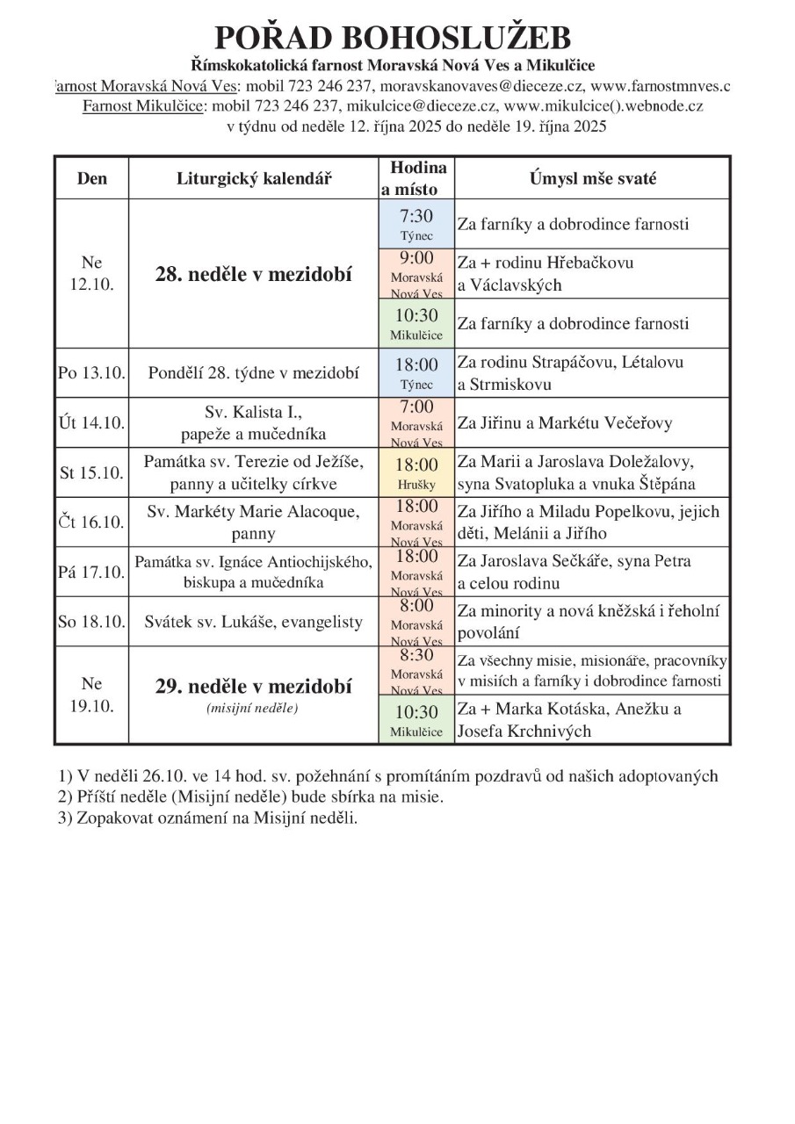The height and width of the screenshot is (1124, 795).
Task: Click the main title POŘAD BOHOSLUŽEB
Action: point(393,38)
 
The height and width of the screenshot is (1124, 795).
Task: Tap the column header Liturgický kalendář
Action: point(254,178)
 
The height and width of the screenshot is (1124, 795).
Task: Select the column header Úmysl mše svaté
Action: point(592,178)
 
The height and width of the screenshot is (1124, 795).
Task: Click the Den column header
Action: point(92,178)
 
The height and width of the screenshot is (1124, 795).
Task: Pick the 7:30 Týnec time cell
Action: point(416,224)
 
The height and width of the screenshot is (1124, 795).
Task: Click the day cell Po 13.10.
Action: point(92,373)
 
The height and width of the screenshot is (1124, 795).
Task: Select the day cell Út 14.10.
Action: point(92,422)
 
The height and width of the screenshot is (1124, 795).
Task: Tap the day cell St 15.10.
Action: point(92,472)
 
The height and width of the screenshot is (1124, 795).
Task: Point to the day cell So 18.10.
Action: point(92,622)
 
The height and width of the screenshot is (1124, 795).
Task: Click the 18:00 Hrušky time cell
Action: point(416,472)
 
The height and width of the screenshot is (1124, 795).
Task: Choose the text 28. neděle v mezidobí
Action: point(254,274)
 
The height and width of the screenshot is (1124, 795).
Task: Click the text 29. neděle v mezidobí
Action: point(254,686)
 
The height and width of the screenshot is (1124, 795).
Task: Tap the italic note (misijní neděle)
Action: point(254,709)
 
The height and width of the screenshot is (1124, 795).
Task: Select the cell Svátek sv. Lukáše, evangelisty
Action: point(254,622)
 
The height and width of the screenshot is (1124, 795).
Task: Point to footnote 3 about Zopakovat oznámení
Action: point(208,817)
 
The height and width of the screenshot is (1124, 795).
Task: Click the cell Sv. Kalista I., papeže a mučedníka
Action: point(254,422)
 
